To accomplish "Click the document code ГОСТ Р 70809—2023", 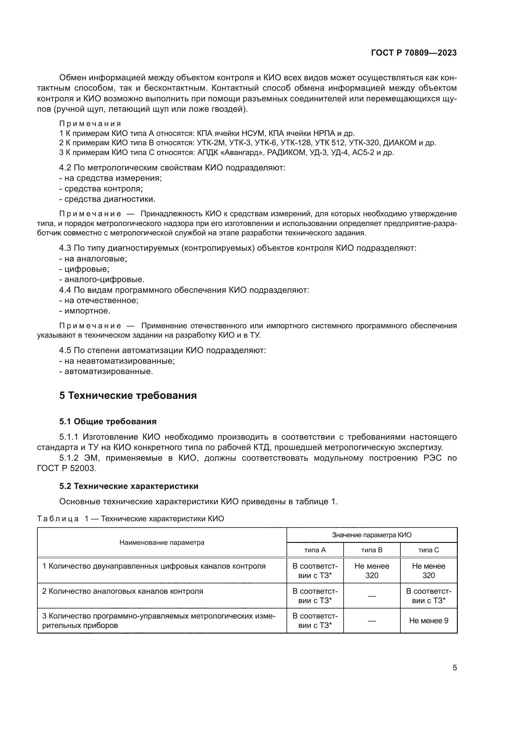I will tap(414, 53).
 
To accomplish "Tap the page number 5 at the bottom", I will tap(454, 667).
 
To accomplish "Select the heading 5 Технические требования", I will tap(128, 395).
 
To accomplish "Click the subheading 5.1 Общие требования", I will tap(108, 421).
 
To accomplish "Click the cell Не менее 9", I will tap(429, 620).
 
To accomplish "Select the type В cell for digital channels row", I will tap(372, 571).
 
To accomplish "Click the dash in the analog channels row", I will tap(372, 596).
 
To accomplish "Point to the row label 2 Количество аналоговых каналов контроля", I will tap(123, 591).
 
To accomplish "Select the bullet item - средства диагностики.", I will tap(107, 199).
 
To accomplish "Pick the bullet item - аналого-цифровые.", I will tap(102, 279).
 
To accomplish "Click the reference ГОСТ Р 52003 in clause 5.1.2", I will tap(66, 468).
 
